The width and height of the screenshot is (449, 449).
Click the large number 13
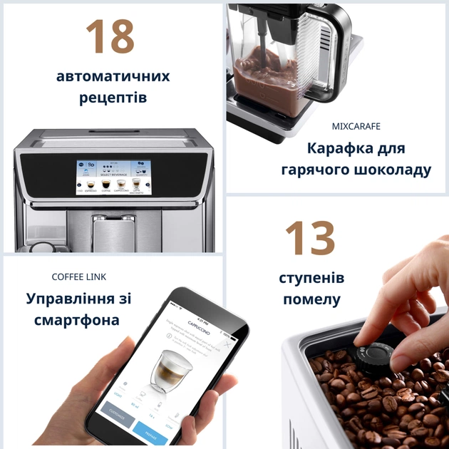click(x=310, y=239)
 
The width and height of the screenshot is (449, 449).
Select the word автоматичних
click(x=113, y=76)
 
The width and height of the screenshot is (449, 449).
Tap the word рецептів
click(x=113, y=97)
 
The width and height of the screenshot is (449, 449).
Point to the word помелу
click(x=311, y=299)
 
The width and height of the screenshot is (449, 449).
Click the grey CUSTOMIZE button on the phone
click(x=118, y=411)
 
